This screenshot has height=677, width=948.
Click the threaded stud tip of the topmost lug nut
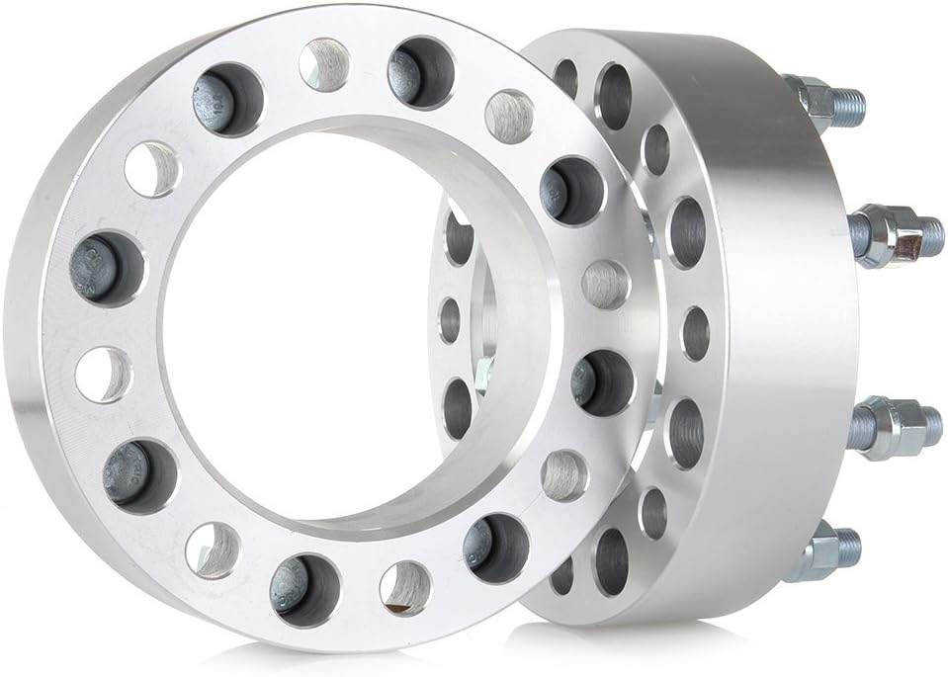[848, 101]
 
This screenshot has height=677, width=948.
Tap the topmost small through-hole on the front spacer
[324, 64]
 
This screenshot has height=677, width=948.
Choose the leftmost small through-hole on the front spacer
[103, 375]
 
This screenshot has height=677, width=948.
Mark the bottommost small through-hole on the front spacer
[404, 587]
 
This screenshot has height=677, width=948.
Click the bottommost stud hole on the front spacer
[304, 590]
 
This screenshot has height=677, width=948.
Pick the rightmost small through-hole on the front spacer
[606, 285]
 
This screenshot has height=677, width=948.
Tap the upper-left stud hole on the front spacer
[227, 100]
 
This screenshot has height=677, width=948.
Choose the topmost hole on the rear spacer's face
[566, 77]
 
